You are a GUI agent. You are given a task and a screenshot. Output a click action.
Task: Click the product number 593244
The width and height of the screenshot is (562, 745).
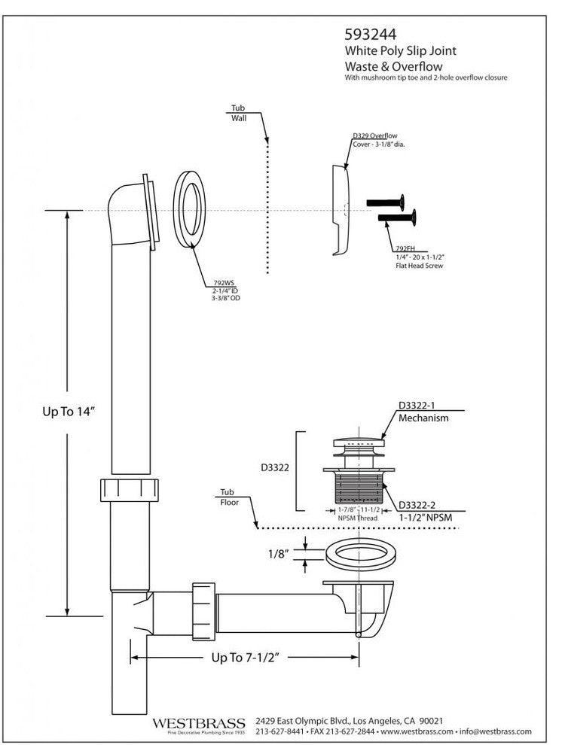tap(371, 34)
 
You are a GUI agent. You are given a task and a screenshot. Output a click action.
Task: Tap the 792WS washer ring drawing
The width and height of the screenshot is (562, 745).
tap(191, 209)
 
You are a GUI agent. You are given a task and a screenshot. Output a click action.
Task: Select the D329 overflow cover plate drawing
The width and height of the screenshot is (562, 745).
tap(339, 211)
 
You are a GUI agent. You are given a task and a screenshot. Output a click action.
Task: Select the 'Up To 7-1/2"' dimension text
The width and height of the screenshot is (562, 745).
tap(245, 657)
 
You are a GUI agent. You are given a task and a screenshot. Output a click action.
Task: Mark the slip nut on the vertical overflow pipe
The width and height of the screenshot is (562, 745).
tap(130, 489)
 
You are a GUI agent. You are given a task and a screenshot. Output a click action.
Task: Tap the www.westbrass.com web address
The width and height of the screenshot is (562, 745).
tap(417, 731)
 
